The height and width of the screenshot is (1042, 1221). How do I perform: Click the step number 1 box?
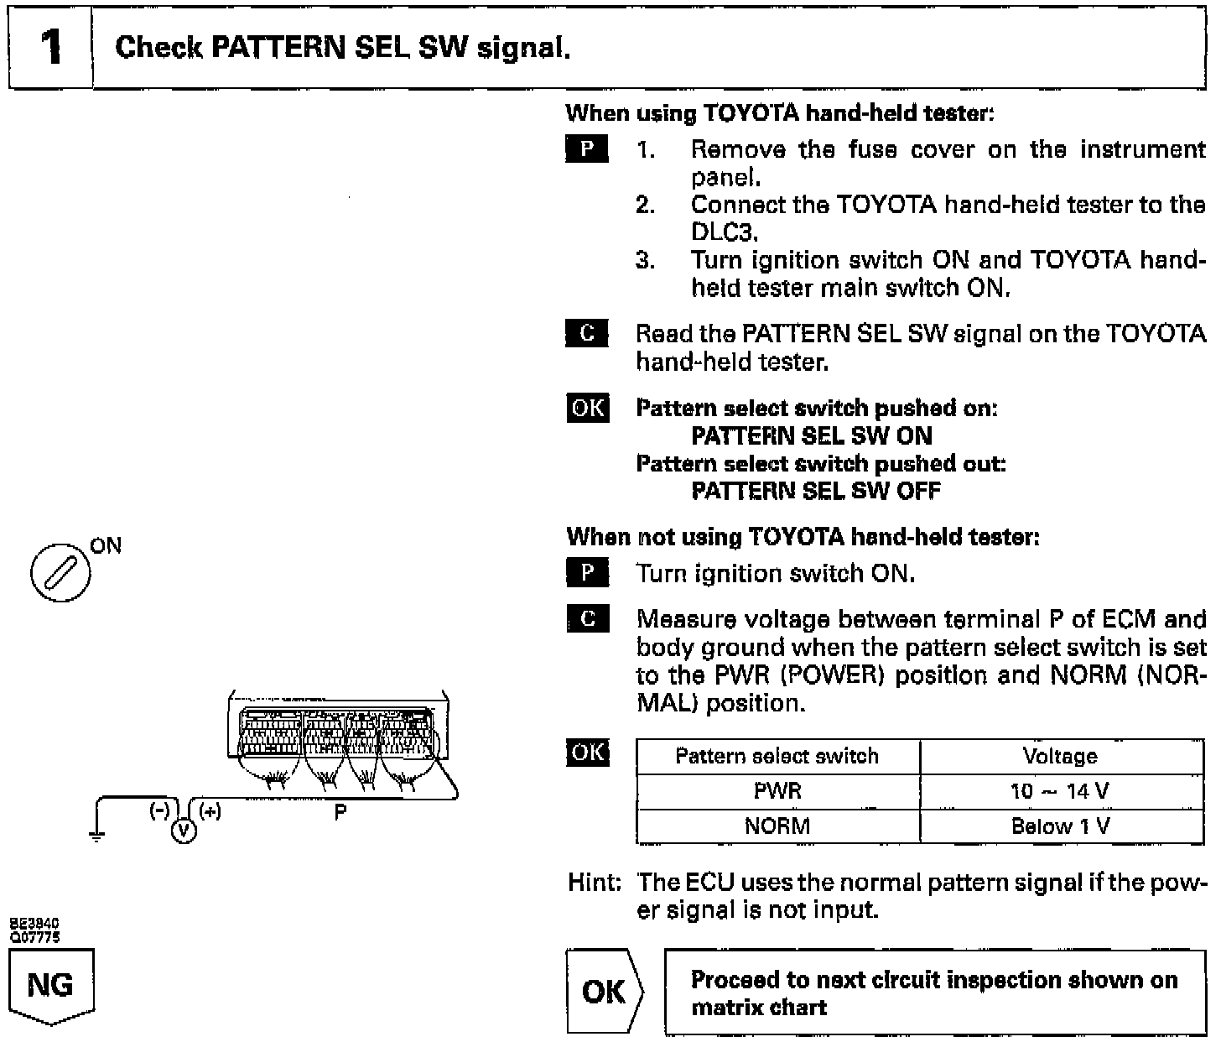50,47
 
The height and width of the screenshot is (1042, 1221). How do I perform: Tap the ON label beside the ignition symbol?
107,546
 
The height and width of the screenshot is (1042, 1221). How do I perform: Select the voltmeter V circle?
184,830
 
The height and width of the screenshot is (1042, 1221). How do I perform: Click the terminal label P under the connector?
340,812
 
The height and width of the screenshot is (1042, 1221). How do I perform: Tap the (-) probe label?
159,810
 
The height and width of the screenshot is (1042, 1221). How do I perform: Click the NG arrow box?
51,985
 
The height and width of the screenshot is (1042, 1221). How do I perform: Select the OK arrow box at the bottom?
604,993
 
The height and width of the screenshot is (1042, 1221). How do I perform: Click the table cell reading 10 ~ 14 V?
1061,791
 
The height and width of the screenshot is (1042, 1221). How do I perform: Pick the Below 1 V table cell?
1061,826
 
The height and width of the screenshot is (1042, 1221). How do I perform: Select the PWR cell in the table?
777,791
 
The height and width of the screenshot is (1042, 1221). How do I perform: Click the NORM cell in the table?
777,826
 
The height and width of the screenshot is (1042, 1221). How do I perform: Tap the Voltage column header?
1061,757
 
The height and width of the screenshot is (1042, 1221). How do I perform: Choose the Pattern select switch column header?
777,757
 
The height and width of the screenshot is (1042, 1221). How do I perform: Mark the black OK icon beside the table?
588,753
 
